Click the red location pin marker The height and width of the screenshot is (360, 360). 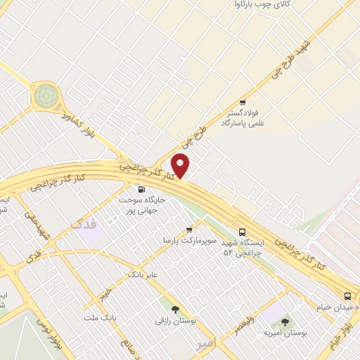(x=181, y=165)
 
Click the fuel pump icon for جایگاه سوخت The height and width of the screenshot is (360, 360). (x=142, y=188)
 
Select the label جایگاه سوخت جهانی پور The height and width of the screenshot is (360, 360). (x=146, y=205)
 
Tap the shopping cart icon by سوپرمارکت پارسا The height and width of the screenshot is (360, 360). (x=189, y=229)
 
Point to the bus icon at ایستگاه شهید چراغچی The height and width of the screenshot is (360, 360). (x=243, y=231)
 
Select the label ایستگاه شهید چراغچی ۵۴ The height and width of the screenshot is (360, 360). (x=243, y=247)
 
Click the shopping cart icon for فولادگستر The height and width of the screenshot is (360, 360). (x=243, y=102)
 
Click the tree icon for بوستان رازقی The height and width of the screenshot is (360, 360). (x=174, y=309)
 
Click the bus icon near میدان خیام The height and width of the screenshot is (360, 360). (x=348, y=296)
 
